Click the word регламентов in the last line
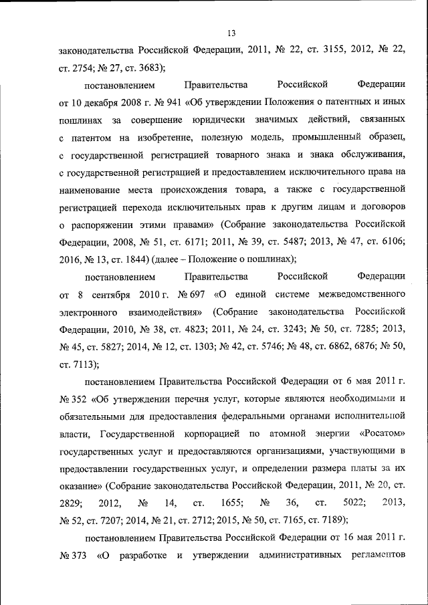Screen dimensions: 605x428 point(381,555)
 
